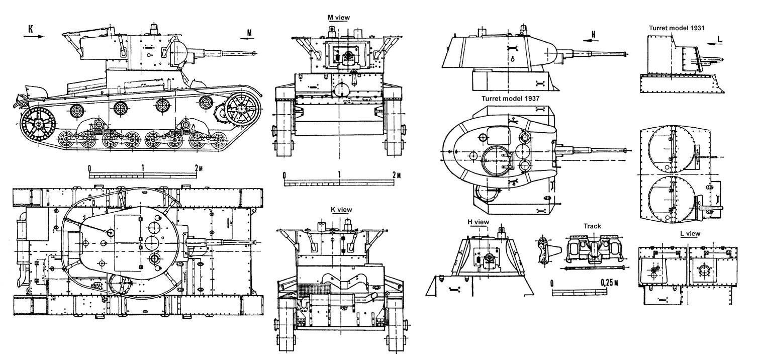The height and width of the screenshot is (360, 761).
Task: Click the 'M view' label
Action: [x=338, y=18]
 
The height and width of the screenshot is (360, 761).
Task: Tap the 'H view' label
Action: [x=478, y=222]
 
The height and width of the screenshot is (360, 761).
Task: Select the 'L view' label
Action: [x=689, y=234]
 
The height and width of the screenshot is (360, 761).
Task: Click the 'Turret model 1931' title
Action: [x=677, y=29]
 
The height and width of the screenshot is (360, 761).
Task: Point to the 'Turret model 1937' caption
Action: [x=510, y=99]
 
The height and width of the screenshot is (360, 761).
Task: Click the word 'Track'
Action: [x=592, y=226]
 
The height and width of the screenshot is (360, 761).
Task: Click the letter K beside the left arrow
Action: [x=31, y=29]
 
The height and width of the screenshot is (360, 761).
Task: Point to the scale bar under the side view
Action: [x=143, y=174]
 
